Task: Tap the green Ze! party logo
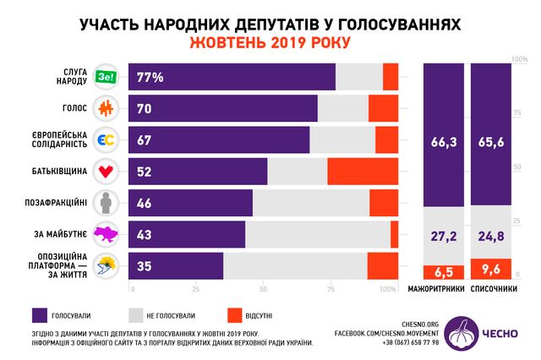[x=106, y=77]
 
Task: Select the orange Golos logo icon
[x=107, y=108]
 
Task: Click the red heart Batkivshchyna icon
[x=107, y=172]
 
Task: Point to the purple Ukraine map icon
[x=107, y=234]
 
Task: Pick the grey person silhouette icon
[x=107, y=203]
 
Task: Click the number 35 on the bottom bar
[x=145, y=266]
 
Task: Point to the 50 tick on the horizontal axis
[x=262, y=289]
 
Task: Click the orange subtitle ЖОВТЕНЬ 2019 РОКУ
[x=270, y=42]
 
